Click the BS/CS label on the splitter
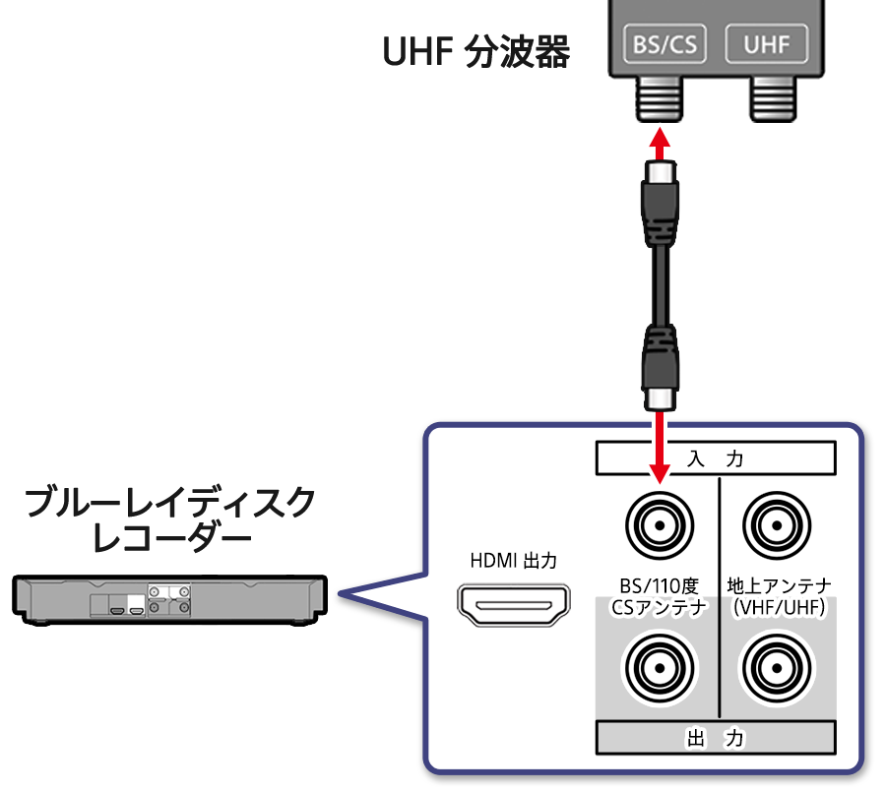666,44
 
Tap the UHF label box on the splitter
765,44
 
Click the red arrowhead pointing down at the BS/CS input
659,473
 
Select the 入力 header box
716,457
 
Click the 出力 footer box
716,737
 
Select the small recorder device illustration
170,599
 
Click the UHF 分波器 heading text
475,52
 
